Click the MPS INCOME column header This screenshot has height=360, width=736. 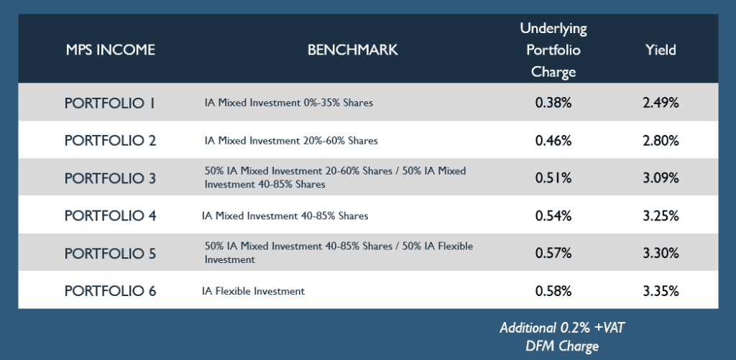point(110,50)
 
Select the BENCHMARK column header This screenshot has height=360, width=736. point(352,50)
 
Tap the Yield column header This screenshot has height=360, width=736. point(661,50)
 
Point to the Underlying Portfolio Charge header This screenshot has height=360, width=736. point(553,50)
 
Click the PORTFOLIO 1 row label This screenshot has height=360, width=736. point(110,103)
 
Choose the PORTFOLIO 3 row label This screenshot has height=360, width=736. point(110,178)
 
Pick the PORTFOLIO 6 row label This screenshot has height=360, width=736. point(110,291)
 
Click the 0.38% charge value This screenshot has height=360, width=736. point(553,103)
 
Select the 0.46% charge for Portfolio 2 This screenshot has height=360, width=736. point(553,140)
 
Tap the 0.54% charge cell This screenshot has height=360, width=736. point(553,216)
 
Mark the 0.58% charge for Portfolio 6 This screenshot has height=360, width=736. point(553,291)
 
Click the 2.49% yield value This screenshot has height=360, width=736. point(661,103)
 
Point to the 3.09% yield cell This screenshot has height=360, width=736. point(661,178)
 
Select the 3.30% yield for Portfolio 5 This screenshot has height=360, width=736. point(661,253)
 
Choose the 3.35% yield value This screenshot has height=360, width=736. point(661,291)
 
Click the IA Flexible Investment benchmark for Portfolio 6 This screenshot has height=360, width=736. point(253,291)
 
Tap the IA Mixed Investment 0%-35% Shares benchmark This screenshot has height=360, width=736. point(289,103)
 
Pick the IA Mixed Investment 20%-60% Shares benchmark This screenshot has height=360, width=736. point(291,140)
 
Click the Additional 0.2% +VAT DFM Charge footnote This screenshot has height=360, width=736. point(562,336)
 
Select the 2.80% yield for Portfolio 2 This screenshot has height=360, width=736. point(661,140)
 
